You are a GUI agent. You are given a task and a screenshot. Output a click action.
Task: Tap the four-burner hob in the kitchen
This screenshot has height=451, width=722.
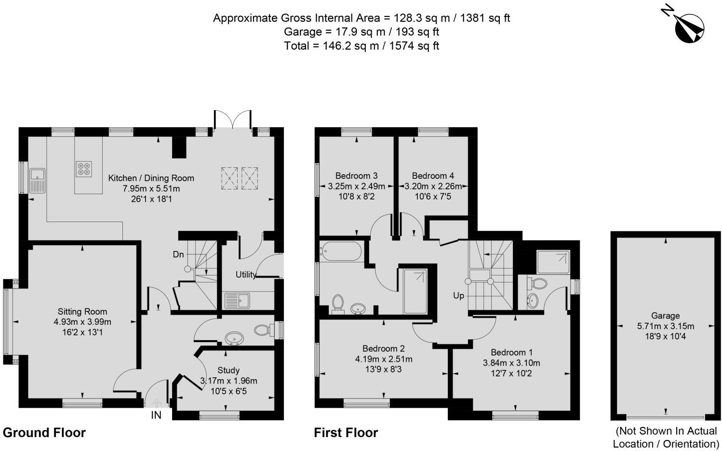pos(84,169)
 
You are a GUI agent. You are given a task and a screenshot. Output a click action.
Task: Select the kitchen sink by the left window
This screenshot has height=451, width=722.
pos(37,180)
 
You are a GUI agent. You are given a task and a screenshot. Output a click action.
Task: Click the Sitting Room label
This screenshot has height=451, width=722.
pos(82,312)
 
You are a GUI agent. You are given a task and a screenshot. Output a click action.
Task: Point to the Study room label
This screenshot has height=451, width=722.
pos(228,370)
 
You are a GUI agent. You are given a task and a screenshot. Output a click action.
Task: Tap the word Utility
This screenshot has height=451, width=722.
pos(246,275)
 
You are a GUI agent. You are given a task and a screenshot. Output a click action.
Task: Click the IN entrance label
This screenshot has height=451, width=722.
pos(156,415)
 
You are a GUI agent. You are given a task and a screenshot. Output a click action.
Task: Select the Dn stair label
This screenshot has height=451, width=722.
pos(178,254)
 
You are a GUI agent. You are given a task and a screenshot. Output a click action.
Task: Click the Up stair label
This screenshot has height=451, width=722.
pos(459,296)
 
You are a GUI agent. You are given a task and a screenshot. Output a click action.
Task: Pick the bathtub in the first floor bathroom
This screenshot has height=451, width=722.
pos(340,251)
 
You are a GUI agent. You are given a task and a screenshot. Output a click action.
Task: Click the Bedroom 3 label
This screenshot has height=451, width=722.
pos(356,175)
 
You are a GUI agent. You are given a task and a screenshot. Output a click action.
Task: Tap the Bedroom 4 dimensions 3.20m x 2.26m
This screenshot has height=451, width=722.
pos(433,186)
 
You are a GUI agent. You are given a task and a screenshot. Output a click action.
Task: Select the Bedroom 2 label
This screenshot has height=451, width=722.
pos(383,348)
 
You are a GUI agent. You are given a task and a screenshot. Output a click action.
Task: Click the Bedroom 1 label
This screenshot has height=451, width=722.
pos(511,352)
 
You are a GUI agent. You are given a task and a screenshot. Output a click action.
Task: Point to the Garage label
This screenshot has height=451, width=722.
pos(665,316)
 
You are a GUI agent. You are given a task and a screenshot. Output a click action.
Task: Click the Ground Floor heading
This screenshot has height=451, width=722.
pos(44,433)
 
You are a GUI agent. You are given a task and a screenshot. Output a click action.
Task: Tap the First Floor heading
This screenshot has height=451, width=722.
pos(346,433)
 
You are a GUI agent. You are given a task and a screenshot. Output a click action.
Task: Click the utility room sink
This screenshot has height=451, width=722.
pos(237,300)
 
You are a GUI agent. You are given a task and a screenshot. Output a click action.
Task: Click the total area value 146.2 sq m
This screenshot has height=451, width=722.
pos(351,46)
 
